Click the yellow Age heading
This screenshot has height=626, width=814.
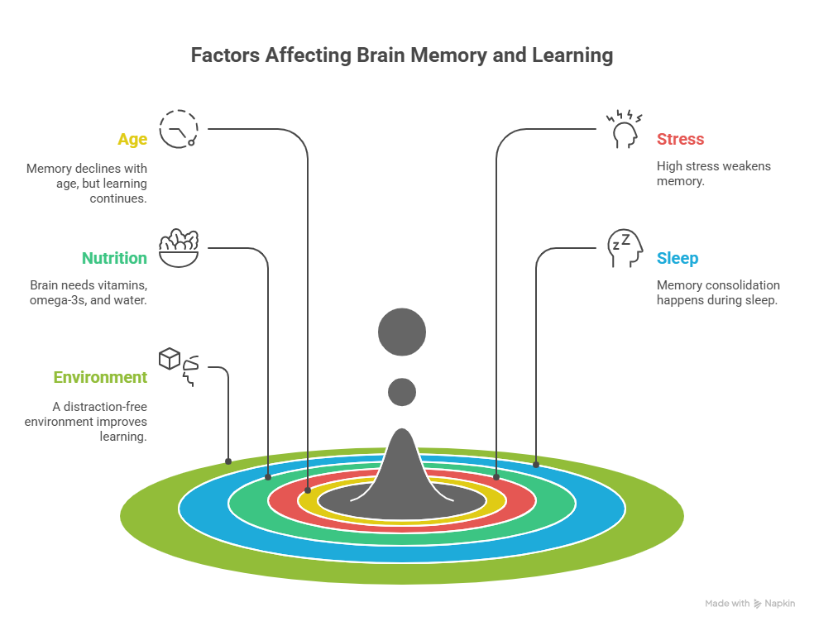pyautogui.click(x=132, y=139)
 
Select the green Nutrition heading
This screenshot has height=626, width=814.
pyautogui.click(x=114, y=258)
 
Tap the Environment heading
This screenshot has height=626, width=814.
pyautogui.click(x=100, y=377)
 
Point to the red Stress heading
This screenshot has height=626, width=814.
pyautogui.click(x=680, y=139)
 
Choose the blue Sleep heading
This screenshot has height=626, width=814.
pyautogui.click(x=678, y=258)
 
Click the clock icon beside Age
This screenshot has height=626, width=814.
pyautogui.click(x=178, y=129)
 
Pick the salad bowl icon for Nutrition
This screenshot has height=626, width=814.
pyautogui.click(x=178, y=248)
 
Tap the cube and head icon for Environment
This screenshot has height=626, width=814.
pyautogui.click(x=180, y=366)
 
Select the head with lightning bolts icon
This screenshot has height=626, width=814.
pyautogui.click(x=625, y=128)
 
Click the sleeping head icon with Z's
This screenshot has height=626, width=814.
pyautogui.click(x=625, y=248)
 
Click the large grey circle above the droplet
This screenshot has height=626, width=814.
pyautogui.click(x=402, y=333)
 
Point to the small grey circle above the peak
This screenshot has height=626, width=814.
pyautogui.click(x=402, y=391)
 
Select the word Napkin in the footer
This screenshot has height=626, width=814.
pyautogui.click(x=779, y=604)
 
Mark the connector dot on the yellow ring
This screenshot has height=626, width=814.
pyautogui.click(x=309, y=488)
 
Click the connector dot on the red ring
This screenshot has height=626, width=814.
pyautogui.click(x=496, y=477)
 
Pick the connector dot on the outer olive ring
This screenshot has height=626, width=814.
pyautogui.click(x=228, y=460)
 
